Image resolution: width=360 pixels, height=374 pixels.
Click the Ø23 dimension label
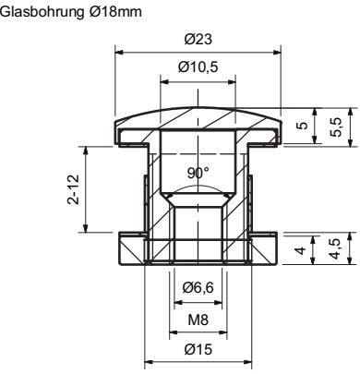coord(198,40)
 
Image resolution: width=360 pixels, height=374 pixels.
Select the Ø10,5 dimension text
coord(198,67)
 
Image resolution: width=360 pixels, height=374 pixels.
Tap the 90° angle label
coord(198,173)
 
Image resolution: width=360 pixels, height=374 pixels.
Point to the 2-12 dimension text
coord(73,189)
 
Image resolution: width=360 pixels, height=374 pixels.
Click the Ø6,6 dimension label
coord(198,288)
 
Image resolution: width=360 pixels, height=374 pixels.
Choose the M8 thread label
coord(198,320)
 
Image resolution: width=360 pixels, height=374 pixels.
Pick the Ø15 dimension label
coord(198,349)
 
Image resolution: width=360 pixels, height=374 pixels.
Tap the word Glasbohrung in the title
coord(42,12)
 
